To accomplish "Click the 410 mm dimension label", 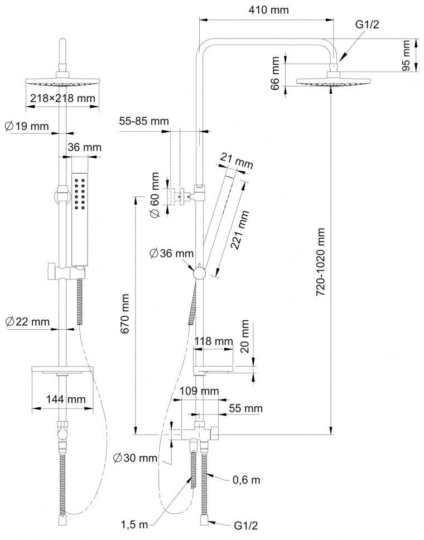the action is coord(269,10).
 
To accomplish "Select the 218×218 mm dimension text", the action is coord(62,98).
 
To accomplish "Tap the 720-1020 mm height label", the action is coord(321,262).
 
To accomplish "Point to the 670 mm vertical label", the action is coord(124,314).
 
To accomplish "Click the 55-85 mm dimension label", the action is coord(144,121).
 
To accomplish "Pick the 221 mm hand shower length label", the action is coord(239,230).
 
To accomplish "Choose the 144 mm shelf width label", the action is coord(66,399).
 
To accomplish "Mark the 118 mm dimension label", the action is coord(214,341).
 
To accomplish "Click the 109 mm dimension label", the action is coord(199,391).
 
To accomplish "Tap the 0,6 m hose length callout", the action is coord(246,480).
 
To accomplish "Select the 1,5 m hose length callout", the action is coord(134,524).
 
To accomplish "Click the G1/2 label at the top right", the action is coord(367,25).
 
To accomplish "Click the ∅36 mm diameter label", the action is coord(171,253).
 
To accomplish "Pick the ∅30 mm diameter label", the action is coord(136,457).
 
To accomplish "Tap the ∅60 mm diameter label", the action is coord(155,195).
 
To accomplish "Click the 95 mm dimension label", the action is coord(407,55).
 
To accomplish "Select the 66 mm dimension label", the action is coord(275,73).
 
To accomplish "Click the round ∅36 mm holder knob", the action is coord(199,273).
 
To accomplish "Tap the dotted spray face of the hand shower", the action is coord(80,194).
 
